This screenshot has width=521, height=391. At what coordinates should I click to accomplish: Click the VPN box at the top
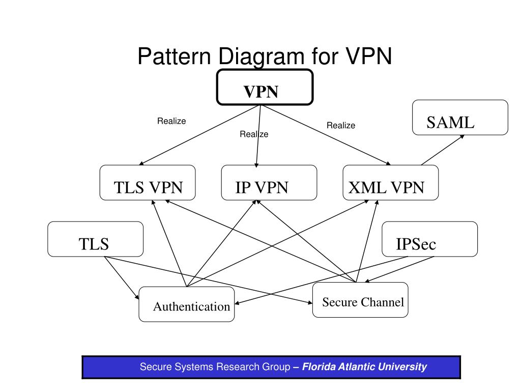pyautogui.click(x=265, y=87)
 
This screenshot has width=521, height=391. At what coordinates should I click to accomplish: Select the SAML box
pyautogui.click(x=460, y=118)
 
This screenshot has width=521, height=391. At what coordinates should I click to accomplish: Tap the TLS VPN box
pyautogui.click(x=148, y=183)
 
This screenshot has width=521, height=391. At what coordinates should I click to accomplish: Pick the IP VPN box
pyautogui.click(x=269, y=183)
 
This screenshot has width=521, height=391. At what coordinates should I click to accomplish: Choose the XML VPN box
pyautogui.click(x=390, y=183)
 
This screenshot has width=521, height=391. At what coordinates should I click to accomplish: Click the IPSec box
pyautogui.click(x=429, y=239)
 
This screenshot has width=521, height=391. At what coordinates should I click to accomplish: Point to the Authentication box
pyautogui.click(x=186, y=304)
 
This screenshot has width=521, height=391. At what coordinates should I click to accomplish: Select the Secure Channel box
pyautogui.click(x=360, y=300)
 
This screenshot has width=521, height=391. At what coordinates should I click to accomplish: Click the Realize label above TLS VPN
pyautogui.click(x=171, y=121)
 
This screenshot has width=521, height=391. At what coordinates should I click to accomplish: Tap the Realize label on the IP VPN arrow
pyautogui.click(x=254, y=134)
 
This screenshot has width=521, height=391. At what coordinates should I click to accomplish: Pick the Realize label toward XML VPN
pyautogui.click(x=341, y=125)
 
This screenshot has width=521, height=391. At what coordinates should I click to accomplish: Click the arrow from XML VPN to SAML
pyautogui.click(x=443, y=150)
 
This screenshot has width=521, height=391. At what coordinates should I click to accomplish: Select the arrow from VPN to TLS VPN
pyautogui.click(x=199, y=135)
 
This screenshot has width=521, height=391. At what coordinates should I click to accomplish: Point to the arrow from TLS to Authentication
pyautogui.click(x=122, y=278)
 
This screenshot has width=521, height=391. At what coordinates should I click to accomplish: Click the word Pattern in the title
pyautogui.click(x=174, y=56)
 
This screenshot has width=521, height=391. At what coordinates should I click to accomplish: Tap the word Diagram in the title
pyautogui.click(x=261, y=57)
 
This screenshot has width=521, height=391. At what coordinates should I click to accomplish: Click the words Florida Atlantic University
pyautogui.click(x=364, y=367)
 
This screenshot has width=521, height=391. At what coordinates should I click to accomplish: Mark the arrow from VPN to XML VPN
pyautogui.click(x=326, y=135)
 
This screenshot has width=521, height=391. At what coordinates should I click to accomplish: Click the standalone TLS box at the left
pyautogui.click(x=95, y=239)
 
